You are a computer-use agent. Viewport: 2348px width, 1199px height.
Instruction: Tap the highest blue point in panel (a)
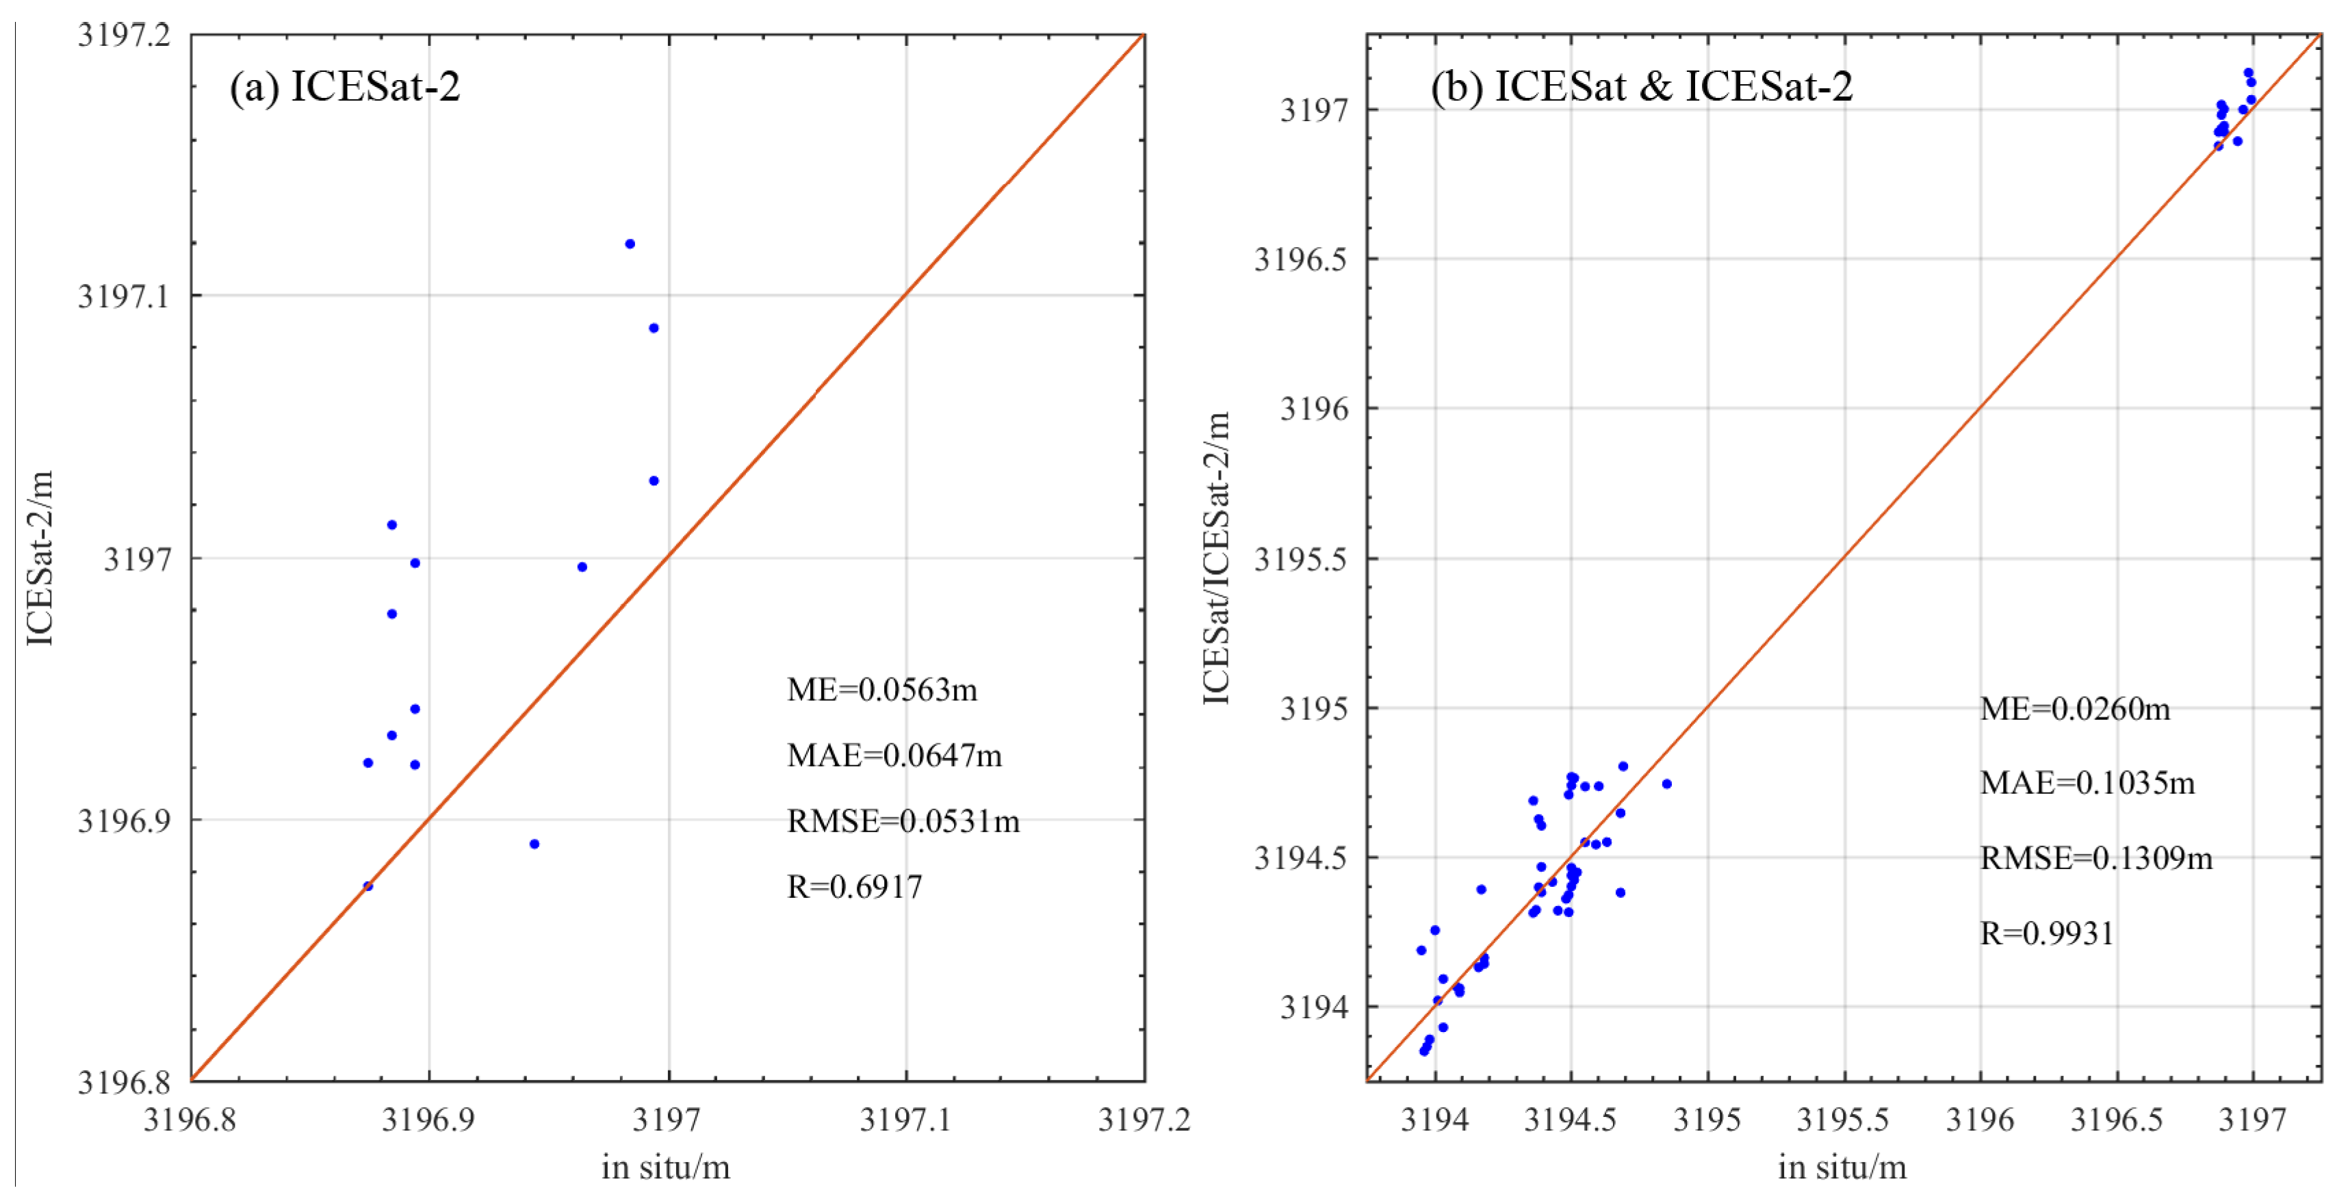click(x=630, y=244)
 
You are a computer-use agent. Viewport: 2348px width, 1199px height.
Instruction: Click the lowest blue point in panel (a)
click(x=368, y=886)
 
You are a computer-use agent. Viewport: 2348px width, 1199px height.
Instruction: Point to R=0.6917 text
click(x=854, y=886)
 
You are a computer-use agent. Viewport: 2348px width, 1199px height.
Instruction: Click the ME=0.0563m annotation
click(x=881, y=689)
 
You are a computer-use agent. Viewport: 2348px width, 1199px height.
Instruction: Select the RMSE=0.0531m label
click(x=903, y=821)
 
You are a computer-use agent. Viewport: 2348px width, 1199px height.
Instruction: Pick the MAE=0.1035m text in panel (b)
click(x=2087, y=782)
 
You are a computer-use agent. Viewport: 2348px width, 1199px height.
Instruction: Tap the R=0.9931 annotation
click(x=2046, y=933)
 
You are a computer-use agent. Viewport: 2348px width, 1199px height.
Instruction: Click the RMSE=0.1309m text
click(x=2095, y=857)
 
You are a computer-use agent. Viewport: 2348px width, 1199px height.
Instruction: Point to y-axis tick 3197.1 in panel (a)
click(x=124, y=296)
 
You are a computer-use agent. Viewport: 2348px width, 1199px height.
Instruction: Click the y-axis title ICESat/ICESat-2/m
click(x=1217, y=558)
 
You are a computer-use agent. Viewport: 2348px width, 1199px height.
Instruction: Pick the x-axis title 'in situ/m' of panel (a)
click(x=665, y=1167)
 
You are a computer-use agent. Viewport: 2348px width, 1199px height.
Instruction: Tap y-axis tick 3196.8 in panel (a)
click(x=124, y=1082)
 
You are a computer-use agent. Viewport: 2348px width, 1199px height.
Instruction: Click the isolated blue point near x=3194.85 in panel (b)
click(x=1666, y=783)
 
